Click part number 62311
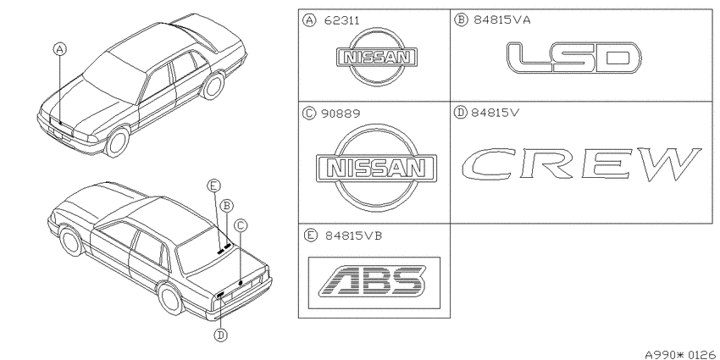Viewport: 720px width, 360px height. click(342, 20)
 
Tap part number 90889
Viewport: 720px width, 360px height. click(341, 114)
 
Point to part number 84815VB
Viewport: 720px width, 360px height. click(353, 236)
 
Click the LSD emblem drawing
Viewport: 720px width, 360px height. click(574, 58)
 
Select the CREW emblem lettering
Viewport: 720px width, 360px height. click(582, 164)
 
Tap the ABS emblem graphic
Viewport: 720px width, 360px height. click(374, 280)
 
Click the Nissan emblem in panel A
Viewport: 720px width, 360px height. click(377, 57)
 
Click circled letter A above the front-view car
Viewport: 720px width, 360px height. click(59, 48)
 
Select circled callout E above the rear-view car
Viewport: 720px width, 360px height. click(213, 186)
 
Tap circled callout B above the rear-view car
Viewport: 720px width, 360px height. click(227, 206)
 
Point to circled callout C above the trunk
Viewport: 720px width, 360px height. click(241, 225)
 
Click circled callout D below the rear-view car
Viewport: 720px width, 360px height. click(221, 335)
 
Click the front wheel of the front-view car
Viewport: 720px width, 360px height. click(117, 142)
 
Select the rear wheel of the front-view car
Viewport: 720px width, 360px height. click(213, 86)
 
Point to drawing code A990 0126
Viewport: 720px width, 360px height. click(679, 354)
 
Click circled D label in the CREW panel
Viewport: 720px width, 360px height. click(460, 113)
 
